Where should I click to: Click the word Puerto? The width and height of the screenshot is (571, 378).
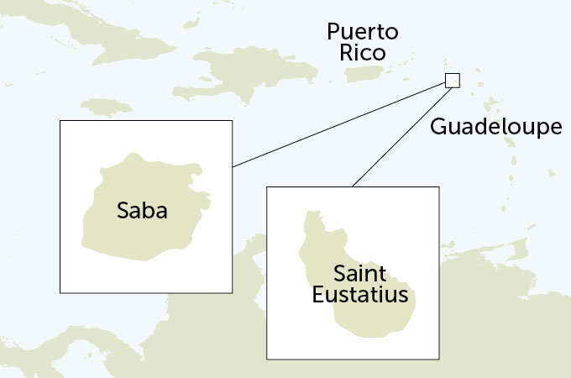click(x=363, y=33)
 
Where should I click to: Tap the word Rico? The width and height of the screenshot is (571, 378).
click(x=363, y=53)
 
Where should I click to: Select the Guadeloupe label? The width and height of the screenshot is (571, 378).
click(x=495, y=128)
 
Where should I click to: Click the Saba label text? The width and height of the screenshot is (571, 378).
click(x=142, y=210)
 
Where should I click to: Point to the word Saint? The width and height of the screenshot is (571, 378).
click(x=359, y=275)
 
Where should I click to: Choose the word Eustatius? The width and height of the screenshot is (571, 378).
click(x=359, y=295)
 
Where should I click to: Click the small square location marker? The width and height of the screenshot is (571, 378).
click(x=453, y=81)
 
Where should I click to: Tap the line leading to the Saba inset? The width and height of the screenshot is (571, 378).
click(x=336, y=125)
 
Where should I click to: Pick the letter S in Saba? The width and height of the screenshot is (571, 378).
click(x=123, y=210)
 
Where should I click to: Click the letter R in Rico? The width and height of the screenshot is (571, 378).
click(x=347, y=53)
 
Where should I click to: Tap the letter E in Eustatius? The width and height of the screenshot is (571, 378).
click(x=318, y=295)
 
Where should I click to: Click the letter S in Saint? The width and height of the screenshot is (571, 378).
click(x=340, y=275)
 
